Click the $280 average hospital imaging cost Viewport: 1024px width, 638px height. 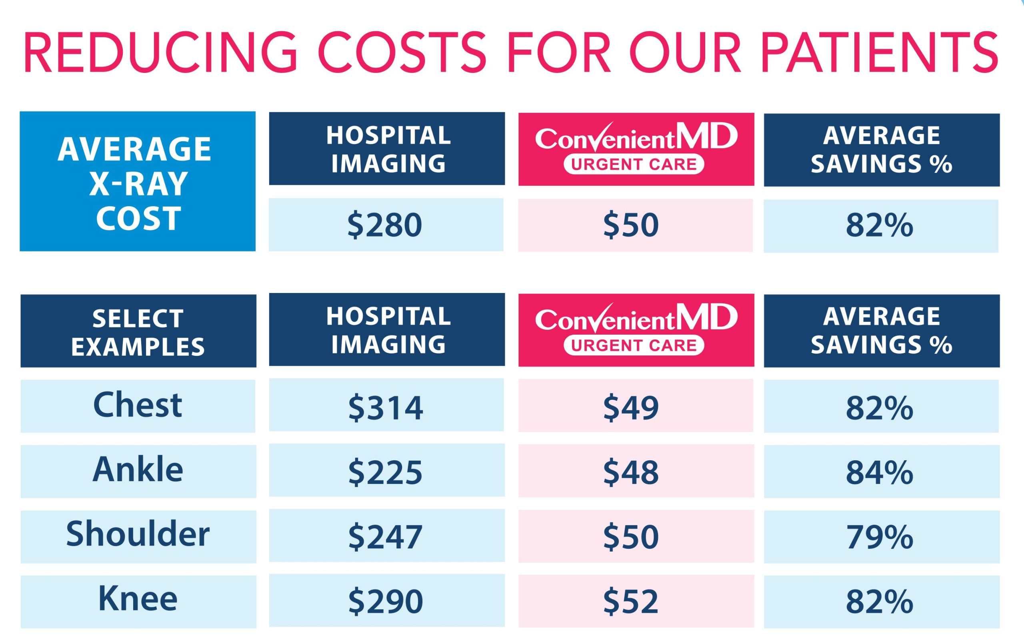(x=385, y=225)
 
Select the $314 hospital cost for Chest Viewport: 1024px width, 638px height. (x=386, y=407)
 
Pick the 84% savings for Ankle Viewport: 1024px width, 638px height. (x=880, y=473)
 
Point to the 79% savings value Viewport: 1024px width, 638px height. (x=880, y=537)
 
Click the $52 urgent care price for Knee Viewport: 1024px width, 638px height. (x=631, y=601)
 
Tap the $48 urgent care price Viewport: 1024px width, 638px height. (x=631, y=473)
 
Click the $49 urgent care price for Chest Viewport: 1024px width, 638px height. (x=631, y=407)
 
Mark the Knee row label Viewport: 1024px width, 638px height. (x=138, y=599)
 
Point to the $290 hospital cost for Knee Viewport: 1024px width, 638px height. (x=386, y=601)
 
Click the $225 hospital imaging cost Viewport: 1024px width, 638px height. (x=386, y=473)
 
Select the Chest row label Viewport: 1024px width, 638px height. (x=138, y=405)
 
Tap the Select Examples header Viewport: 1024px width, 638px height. (x=138, y=332)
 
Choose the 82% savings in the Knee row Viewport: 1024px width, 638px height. (x=880, y=601)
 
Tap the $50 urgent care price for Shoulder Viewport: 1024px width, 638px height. (x=631, y=537)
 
